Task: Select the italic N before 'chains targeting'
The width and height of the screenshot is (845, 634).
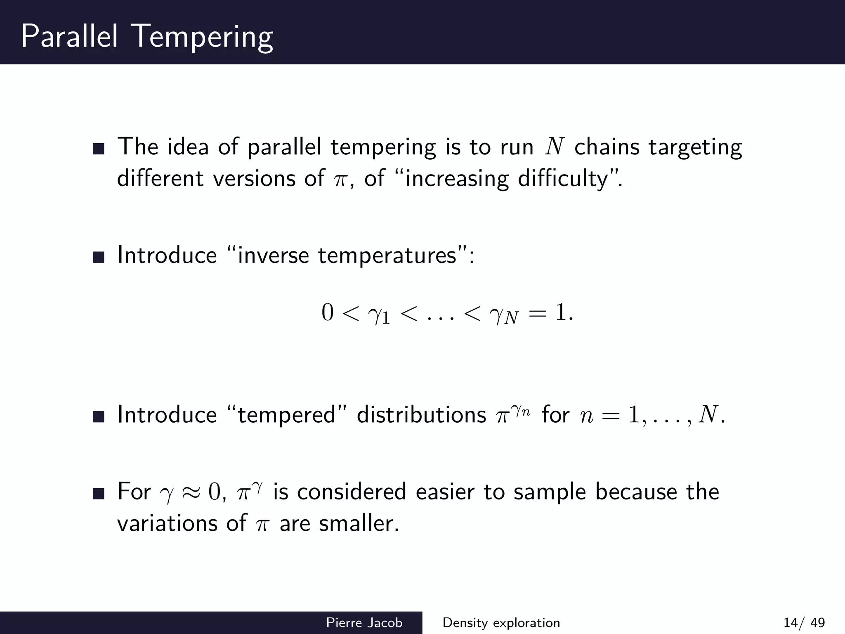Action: click(554, 147)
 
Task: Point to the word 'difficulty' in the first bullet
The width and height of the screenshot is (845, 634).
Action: click(563, 179)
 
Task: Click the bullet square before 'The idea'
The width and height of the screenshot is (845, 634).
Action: click(99, 149)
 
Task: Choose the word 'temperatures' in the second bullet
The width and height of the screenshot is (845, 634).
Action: click(387, 255)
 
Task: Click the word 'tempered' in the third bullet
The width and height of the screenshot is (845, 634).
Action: click(287, 415)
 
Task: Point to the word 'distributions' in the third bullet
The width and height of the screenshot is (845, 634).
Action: click(421, 414)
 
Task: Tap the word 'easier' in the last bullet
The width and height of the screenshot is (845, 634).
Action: click(445, 492)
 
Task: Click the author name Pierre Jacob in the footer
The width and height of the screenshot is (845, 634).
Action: click(364, 622)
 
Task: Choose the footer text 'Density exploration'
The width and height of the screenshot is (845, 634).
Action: click(501, 622)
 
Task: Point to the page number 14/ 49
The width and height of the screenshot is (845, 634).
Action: click(804, 622)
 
